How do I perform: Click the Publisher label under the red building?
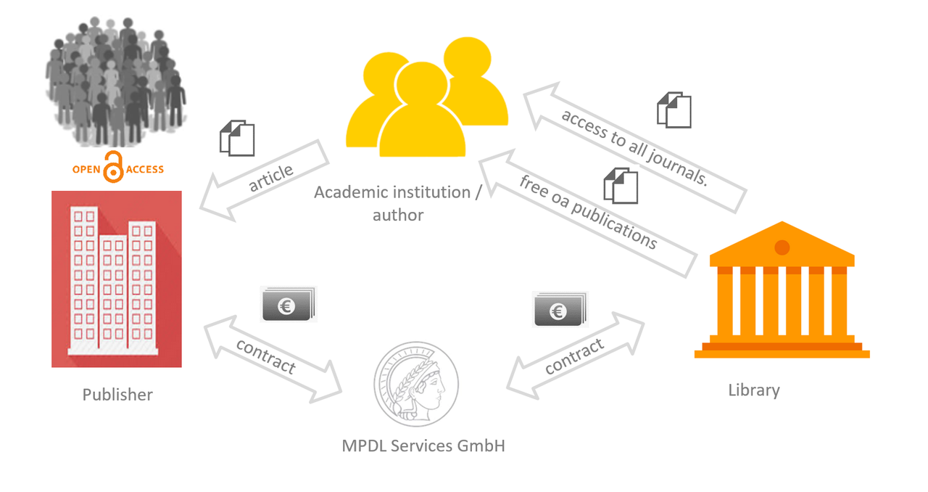[x=117, y=395]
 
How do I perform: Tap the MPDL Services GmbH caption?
[x=423, y=446]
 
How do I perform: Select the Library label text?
[x=754, y=390]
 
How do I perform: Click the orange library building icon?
[x=782, y=298]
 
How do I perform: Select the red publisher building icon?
[x=117, y=279]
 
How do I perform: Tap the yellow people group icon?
[x=427, y=102]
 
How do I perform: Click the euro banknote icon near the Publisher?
[x=288, y=305]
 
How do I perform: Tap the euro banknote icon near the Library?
[x=560, y=310]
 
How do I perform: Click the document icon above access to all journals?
[x=674, y=110]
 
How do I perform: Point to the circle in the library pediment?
[x=782, y=247]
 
